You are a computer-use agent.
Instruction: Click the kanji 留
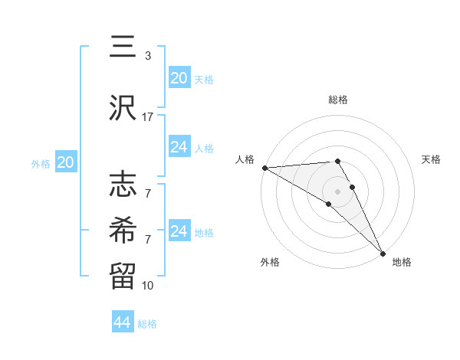pyautogui.click(x=123, y=273)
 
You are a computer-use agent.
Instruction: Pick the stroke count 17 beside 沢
pyautogui.click(x=148, y=117)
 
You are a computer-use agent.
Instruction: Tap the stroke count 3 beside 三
pyautogui.click(x=148, y=56)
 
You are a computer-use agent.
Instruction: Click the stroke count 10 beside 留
pyautogui.click(x=148, y=285)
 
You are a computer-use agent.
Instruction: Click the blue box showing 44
pyautogui.click(x=123, y=322)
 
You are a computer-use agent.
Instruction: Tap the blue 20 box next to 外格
pyautogui.click(x=66, y=162)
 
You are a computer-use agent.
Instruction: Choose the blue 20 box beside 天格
pyautogui.click(x=179, y=78)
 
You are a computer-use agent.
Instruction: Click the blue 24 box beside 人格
pyautogui.click(x=179, y=147)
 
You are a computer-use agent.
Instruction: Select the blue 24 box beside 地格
pyautogui.click(x=179, y=231)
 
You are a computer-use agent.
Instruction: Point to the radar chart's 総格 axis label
pyautogui.click(x=338, y=100)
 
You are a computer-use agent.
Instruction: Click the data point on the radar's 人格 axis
pyautogui.click(x=264, y=168)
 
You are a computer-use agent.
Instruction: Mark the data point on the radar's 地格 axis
pyautogui.click(x=383, y=253)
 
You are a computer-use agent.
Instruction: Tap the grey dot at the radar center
pyautogui.click(x=338, y=191)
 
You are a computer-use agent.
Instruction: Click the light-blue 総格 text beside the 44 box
pyautogui.click(x=147, y=324)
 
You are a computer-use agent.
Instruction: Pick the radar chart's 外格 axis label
pyautogui.click(x=270, y=263)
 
